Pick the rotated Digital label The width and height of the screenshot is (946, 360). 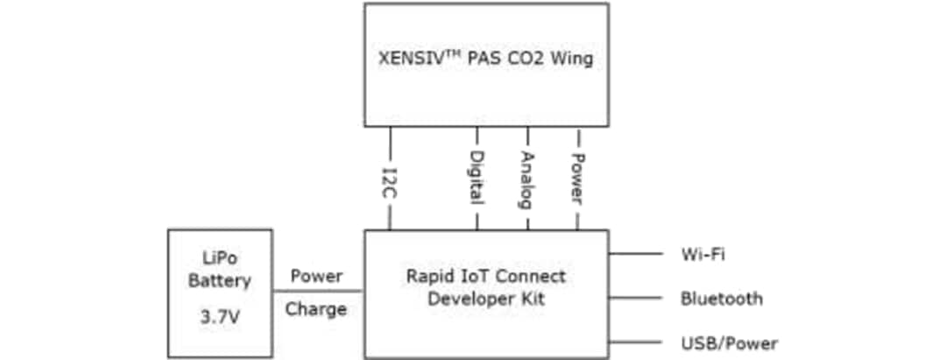point(477,178)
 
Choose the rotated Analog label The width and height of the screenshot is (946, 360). point(527,180)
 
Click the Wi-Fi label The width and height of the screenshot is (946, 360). point(702,255)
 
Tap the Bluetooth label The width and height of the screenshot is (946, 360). point(722,299)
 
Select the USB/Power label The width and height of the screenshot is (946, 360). point(729,342)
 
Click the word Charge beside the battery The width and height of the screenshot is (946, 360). point(316,309)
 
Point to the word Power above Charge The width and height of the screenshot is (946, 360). point(316,277)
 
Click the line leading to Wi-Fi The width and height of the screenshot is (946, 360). point(635,254)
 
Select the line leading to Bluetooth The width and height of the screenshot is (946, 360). point(635,298)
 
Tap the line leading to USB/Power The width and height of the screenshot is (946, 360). point(635,342)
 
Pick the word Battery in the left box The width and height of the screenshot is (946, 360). point(219,281)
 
